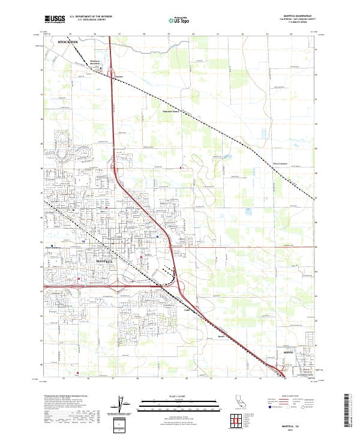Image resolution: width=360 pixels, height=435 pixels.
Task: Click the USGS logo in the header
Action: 55,20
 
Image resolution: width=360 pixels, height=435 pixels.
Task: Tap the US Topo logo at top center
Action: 179,20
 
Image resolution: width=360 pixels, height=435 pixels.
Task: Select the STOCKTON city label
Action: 67,43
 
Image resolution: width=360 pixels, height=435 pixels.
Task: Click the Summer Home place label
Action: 172,111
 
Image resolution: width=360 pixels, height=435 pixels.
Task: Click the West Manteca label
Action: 53,246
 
